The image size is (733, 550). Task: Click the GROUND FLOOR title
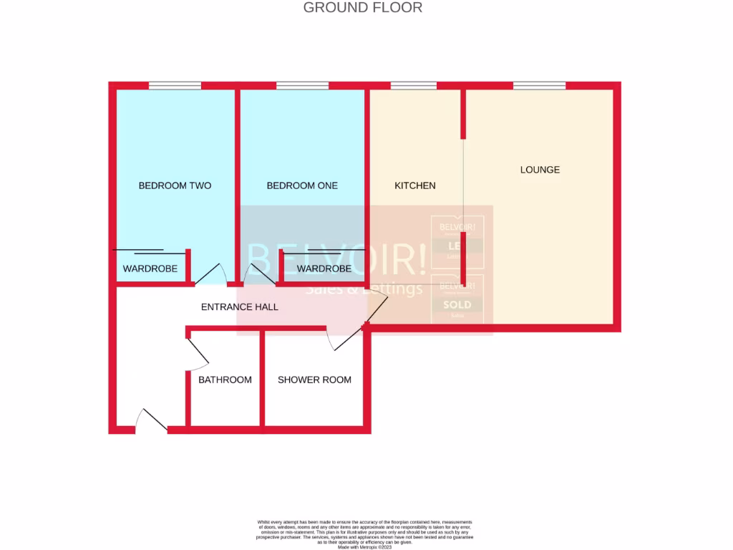[363, 8]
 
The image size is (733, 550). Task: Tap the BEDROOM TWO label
[175, 185]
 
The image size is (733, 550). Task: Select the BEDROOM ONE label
[302, 185]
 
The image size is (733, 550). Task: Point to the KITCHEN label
[415, 185]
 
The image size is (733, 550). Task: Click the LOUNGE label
[540, 170]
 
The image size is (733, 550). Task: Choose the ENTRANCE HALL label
[239, 307]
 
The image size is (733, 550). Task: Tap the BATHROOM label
[225, 380]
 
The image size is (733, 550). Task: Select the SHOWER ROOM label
[314, 380]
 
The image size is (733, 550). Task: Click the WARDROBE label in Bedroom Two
[150, 269]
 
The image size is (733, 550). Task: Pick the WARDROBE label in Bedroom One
[324, 269]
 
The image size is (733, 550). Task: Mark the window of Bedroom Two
[175, 86]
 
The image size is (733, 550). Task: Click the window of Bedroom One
[302, 86]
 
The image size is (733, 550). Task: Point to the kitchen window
[414, 86]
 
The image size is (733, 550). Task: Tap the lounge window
[539, 86]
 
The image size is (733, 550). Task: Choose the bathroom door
[198, 352]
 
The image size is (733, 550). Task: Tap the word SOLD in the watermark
[457, 304]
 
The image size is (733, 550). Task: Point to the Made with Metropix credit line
[365, 546]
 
